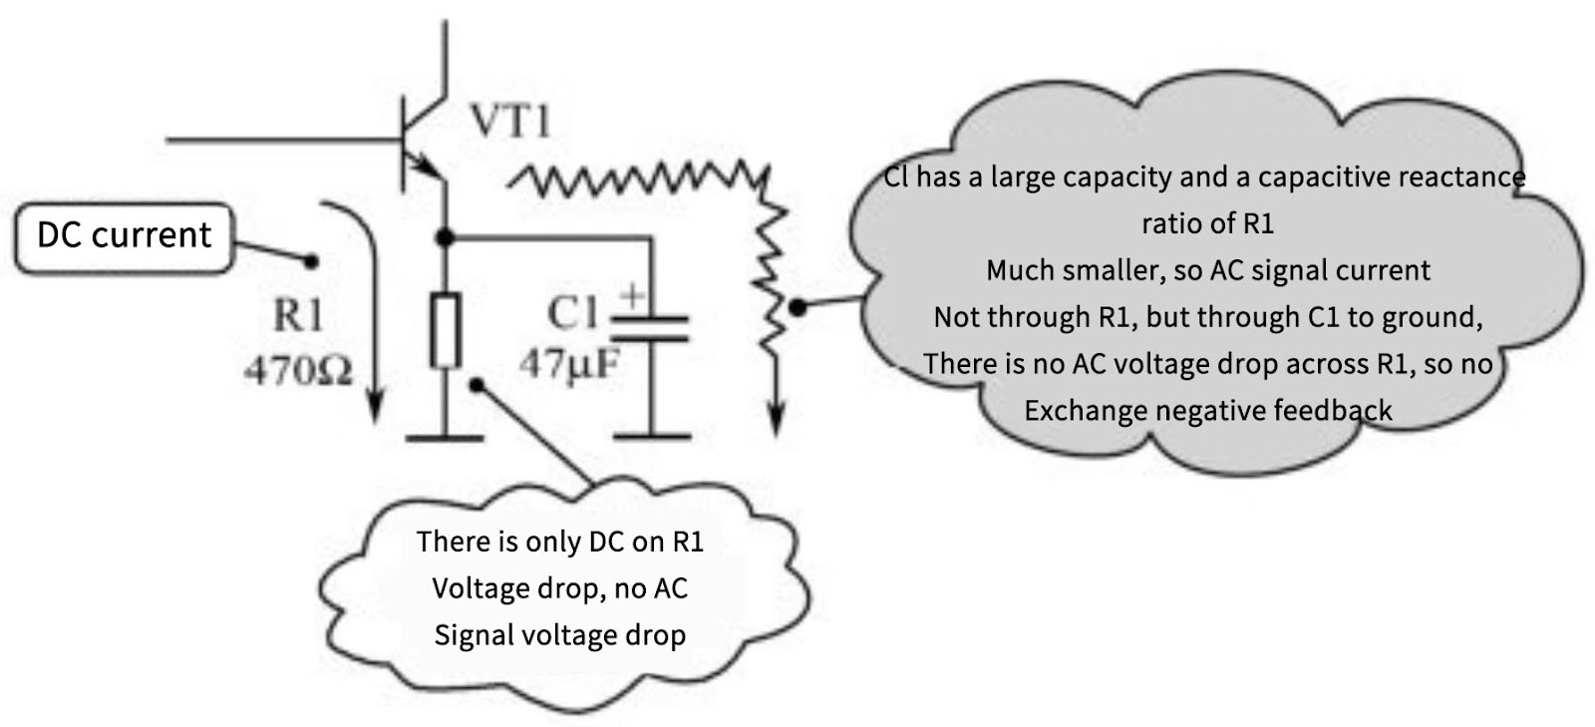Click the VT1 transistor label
[509, 122]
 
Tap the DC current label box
[125, 236]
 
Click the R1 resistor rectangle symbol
[445, 330]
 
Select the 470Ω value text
[298, 371]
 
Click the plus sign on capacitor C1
[632, 296]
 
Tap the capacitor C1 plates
[650, 329]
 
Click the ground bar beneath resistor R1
[445, 437]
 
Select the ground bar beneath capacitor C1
[651, 436]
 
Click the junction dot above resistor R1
[446, 236]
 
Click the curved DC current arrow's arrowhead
[375, 408]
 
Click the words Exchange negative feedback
[1207, 411]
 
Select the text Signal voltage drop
[559, 635]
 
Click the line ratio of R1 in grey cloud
[1207, 223]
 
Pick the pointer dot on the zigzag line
[797, 308]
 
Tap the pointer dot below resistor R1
[478, 383]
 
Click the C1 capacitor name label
[570, 314]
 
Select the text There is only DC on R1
[559, 542]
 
